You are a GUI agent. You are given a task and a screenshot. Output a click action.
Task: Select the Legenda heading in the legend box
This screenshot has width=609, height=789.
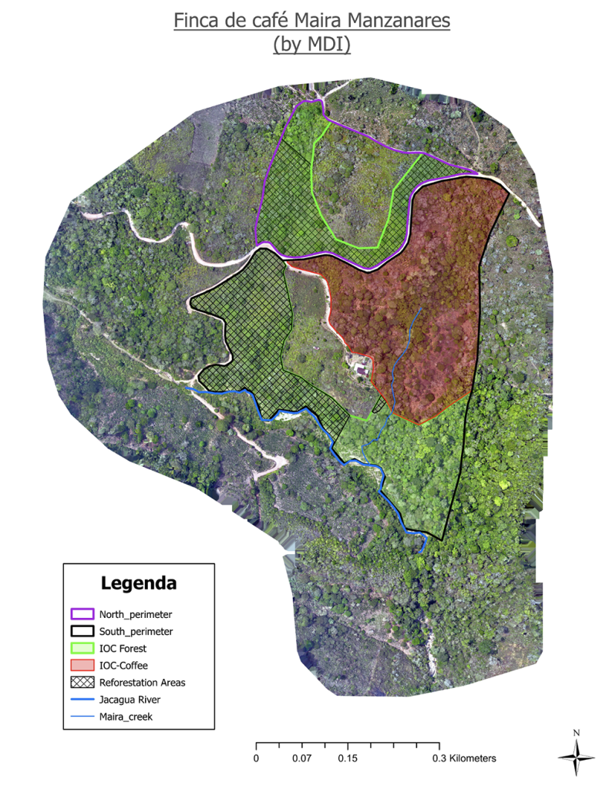[139, 583]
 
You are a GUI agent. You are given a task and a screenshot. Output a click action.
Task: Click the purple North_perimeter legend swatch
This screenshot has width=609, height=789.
[82, 615]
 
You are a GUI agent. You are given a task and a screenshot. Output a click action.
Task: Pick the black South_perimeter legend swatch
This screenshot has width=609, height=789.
[82, 632]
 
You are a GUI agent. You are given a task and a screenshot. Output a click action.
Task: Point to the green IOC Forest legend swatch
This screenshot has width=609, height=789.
[82, 649]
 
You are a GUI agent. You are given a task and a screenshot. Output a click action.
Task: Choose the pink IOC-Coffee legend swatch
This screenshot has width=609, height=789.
[82, 666]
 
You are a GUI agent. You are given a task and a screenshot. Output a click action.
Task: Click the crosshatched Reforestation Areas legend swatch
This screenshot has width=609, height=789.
[82, 683]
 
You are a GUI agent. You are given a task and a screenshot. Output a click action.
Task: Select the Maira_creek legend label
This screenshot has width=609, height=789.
[126, 717]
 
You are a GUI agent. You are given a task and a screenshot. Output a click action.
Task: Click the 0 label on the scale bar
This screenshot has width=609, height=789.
[256, 758]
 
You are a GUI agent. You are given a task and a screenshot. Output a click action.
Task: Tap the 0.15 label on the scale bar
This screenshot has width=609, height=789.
[348, 758]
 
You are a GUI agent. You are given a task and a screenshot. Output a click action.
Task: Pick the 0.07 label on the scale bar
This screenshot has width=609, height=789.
[301, 758]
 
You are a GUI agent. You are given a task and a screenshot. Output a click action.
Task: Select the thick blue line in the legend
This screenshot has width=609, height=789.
[82, 700]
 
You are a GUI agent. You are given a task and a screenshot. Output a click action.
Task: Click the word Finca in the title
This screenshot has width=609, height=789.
[195, 21]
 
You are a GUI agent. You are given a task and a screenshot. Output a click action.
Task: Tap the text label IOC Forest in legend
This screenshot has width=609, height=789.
[124, 649]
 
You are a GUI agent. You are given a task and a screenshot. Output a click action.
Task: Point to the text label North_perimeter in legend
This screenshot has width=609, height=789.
[136, 615]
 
